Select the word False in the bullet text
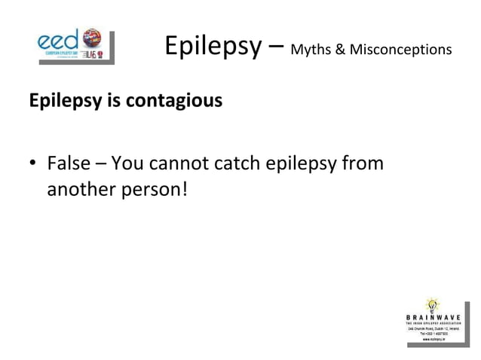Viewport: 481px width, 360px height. coord(67,163)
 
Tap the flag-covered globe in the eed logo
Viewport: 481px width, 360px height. coord(93,37)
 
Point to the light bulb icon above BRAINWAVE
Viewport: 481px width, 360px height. coord(432,304)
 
